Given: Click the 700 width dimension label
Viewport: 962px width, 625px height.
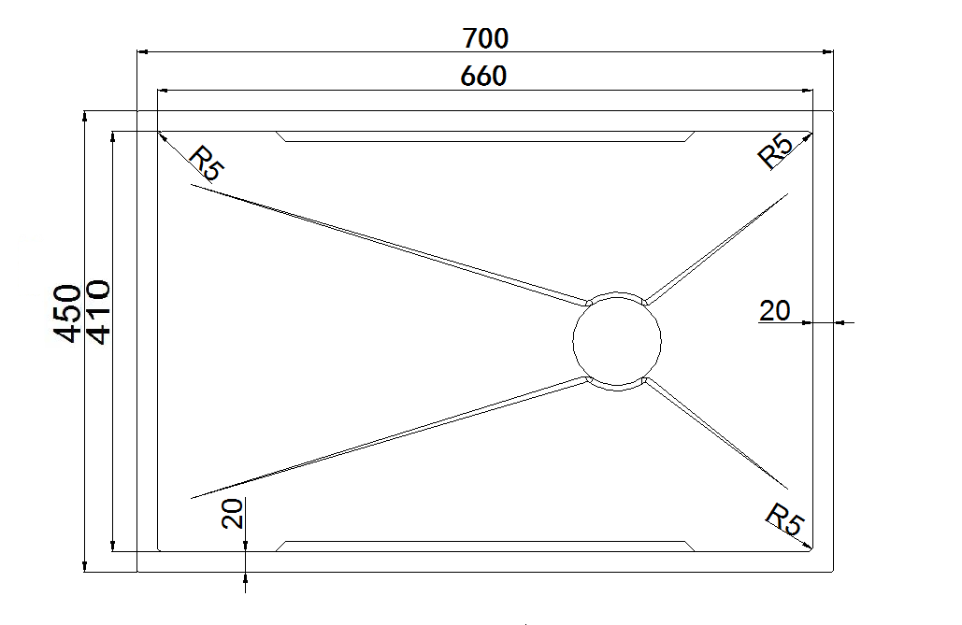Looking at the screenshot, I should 485,38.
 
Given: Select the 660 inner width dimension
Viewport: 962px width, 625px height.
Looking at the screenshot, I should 483,76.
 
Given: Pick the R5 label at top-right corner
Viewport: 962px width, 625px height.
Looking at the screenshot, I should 775,151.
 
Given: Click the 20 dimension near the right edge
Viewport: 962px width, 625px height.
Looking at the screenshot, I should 774,310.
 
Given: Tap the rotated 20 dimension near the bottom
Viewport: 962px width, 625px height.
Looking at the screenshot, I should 233,513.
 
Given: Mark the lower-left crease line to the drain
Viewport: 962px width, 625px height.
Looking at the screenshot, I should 388,437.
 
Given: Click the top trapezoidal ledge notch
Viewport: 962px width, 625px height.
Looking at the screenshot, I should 485,136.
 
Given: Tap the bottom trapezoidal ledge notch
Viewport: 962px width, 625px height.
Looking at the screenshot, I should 485,546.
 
